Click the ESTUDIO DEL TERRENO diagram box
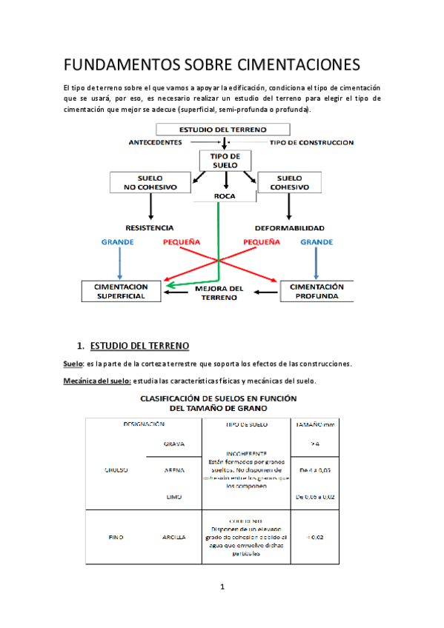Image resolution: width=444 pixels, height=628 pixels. pyautogui.click(x=222, y=130)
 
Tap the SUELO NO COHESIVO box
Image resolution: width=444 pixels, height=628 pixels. pyautogui.click(x=150, y=183)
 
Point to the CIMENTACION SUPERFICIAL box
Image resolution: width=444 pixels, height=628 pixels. pyautogui.click(x=122, y=291)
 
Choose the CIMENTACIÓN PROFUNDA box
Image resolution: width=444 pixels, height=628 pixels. pyautogui.click(x=317, y=291)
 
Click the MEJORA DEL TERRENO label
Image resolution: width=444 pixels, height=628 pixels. pyautogui.click(x=219, y=293)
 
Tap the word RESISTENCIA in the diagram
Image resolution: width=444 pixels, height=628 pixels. pyautogui.click(x=150, y=227)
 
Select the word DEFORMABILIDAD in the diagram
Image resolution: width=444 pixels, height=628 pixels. pyautogui.click(x=290, y=227)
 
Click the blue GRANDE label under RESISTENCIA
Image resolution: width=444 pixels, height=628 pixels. pyautogui.click(x=117, y=242)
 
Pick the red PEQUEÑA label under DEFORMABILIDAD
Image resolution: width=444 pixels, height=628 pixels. pyautogui.click(x=262, y=242)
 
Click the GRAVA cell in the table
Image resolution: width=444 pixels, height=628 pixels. pyautogui.click(x=173, y=444)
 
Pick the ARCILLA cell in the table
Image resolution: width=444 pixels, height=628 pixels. pyautogui.click(x=173, y=537)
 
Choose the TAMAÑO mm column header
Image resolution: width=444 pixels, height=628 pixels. pyautogui.click(x=315, y=424)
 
